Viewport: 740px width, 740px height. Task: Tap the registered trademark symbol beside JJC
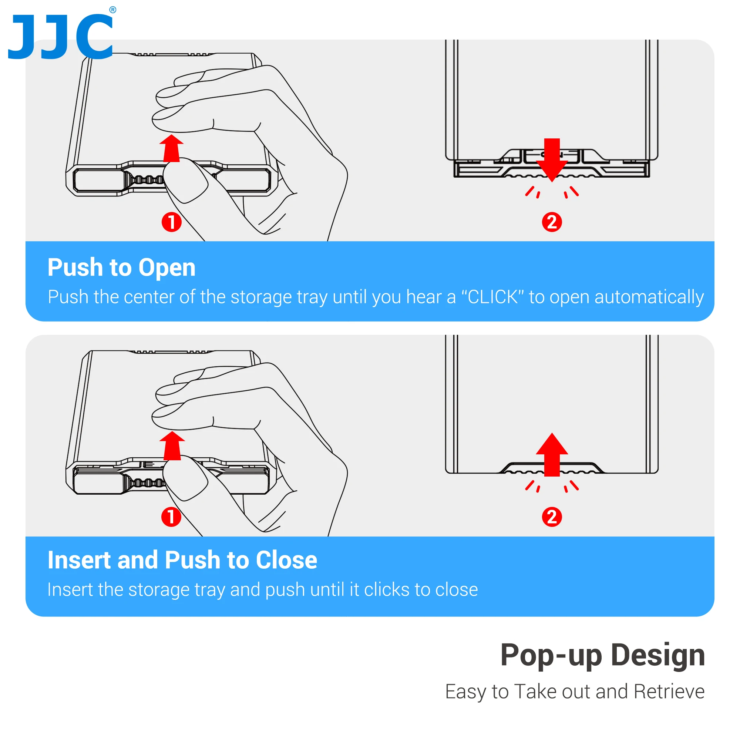pyautogui.click(x=112, y=10)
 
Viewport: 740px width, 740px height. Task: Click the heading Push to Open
pyautogui.click(x=121, y=268)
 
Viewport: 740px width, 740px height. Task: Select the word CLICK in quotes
pyautogui.click(x=492, y=297)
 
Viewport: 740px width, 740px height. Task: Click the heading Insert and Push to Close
pyautogui.click(x=182, y=560)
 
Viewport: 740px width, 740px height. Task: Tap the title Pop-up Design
pyautogui.click(x=603, y=655)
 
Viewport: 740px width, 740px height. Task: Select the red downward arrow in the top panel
pyautogui.click(x=552, y=160)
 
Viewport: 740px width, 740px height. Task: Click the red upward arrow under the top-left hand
pyautogui.click(x=171, y=148)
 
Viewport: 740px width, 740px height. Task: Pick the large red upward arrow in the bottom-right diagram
pyautogui.click(x=552, y=455)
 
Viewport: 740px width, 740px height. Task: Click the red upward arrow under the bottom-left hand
pyautogui.click(x=172, y=445)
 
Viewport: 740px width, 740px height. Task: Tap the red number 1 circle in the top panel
pyautogui.click(x=171, y=222)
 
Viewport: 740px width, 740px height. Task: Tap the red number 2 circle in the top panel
pyautogui.click(x=552, y=222)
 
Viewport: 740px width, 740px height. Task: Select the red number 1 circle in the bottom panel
pyautogui.click(x=171, y=517)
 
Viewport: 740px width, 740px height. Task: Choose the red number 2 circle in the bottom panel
pyautogui.click(x=552, y=517)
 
